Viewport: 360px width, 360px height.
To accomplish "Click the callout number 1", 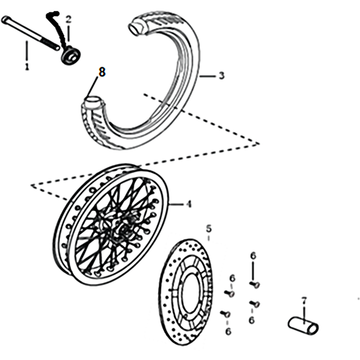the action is (x=27, y=66).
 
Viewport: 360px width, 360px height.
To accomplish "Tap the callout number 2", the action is (x=69, y=19).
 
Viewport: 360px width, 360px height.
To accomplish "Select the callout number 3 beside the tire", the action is (x=221, y=76).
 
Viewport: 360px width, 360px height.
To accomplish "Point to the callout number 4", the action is (x=188, y=204).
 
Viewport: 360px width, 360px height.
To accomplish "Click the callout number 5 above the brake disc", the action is (x=209, y=229).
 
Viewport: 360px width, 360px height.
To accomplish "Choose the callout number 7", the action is (x=304, y=301).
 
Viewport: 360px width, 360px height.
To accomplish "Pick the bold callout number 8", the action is (x=102, y=72).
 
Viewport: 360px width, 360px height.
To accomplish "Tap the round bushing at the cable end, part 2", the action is (x=71, y=55).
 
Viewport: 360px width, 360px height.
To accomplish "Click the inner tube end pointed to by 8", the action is (x=94, y=102).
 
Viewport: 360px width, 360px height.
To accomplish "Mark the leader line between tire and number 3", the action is (x=207, y=76).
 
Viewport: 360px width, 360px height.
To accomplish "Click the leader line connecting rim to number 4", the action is (x=176, y=204).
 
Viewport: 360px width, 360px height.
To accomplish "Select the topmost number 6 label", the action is (x=253, y=256).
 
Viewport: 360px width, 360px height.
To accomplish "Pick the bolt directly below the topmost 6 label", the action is (x=255, y=284).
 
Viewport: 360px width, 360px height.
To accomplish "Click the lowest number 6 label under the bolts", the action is (x=228, y=332).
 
